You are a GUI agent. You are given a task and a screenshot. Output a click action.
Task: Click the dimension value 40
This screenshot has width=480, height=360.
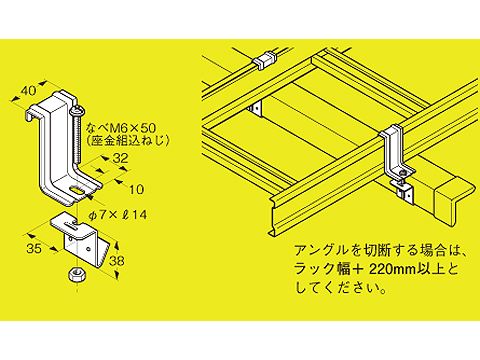point(28,91)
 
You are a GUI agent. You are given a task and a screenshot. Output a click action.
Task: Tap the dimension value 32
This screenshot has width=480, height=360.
point(120,158)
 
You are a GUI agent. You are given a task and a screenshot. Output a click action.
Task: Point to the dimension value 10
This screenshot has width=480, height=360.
point(136,189)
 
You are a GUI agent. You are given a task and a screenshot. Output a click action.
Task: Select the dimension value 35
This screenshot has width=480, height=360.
point(34,248)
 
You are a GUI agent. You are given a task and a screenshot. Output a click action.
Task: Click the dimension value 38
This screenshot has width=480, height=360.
point(117,261)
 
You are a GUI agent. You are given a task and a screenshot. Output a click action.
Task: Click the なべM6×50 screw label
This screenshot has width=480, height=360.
point(121,127)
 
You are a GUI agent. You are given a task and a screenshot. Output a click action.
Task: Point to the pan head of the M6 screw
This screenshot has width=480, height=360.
point(77,110)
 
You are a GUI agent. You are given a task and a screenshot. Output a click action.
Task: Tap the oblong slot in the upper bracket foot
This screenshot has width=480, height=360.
point(77,190)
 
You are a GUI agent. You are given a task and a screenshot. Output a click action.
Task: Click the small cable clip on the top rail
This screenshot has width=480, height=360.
point(265,60)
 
